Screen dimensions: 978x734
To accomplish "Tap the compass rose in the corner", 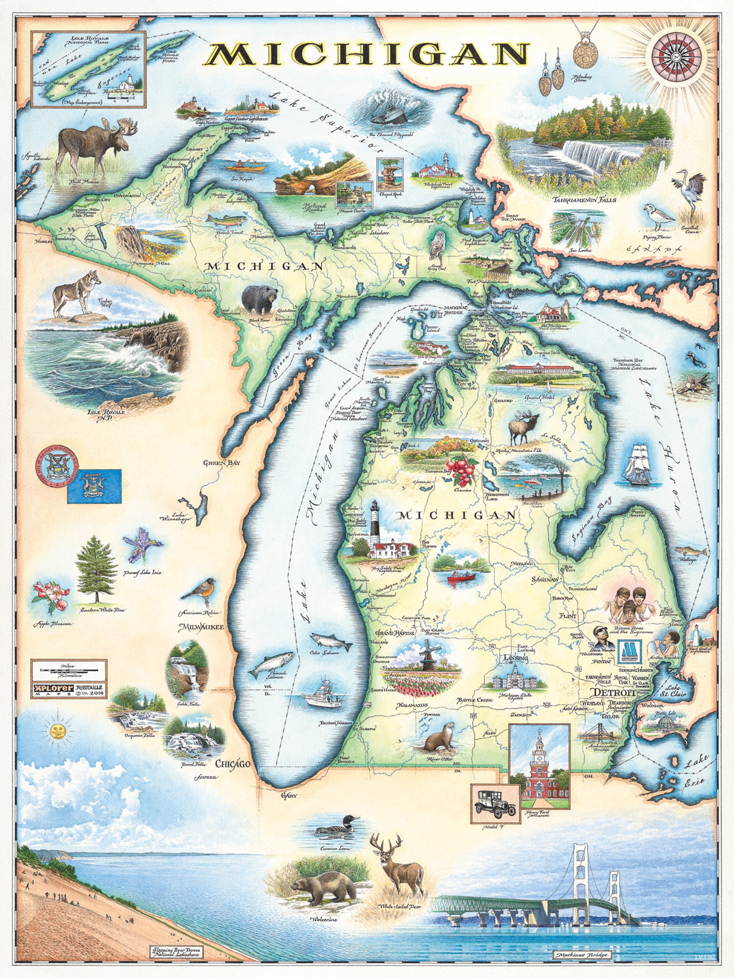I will [x=677, y=56].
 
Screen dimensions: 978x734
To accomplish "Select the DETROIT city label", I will [x=614, y=692].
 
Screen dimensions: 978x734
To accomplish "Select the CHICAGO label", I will [x=233, y=764].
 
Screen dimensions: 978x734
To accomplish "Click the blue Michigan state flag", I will [x=94, y=486].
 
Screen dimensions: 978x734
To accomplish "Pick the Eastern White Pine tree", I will [x=96, y=571].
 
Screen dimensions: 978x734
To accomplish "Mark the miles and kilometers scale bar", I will [x=68, y=669].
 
